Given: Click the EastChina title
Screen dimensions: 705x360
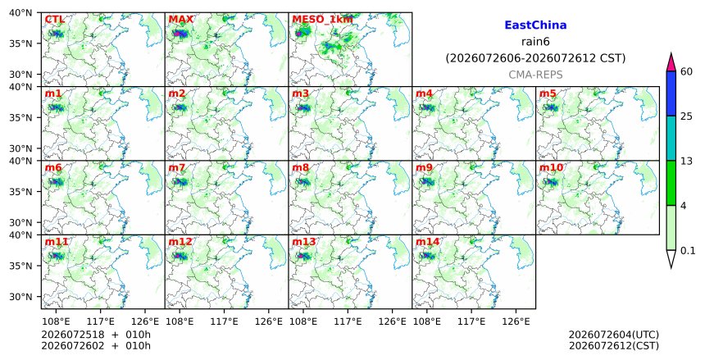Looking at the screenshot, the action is (x=535, y=25).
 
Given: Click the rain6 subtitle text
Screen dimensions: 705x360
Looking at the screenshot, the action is (x=535, y=42).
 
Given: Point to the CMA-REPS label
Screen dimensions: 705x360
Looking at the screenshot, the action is (x=535, y=75).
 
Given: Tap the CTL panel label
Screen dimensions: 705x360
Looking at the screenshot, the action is (x=54, y=20).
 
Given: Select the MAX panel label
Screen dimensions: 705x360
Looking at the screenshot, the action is (x=180, y=20).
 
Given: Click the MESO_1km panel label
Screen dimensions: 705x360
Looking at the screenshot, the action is (x=322, y=20).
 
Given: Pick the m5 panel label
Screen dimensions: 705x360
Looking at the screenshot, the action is (x=548, y=93).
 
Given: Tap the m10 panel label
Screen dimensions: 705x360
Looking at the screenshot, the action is (x=551, y=168).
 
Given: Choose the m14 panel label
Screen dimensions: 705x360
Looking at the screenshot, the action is (x=427, y=242).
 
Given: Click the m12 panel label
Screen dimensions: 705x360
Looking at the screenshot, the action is (x=180, y=242).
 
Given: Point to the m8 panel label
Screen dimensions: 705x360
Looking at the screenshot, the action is (x=300, y=168).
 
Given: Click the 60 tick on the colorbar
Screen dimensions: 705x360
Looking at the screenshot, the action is (x=686, y=71).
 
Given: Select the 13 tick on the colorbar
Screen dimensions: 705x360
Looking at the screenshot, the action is (x=686, y=161).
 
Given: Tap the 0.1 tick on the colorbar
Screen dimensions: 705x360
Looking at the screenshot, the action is (x=688, y=251).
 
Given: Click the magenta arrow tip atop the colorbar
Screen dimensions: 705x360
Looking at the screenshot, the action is (x=671, y=53).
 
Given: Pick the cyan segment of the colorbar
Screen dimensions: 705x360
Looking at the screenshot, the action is (x=671, y=138).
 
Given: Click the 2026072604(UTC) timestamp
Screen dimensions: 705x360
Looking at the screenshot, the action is (x=614, y=335).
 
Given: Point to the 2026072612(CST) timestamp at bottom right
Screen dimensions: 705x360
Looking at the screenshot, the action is (x=614, y=346).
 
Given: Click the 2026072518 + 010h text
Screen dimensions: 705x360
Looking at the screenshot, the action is (x=96, y=335).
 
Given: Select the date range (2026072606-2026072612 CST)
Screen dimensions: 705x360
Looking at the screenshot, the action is (x=535, y=58).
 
